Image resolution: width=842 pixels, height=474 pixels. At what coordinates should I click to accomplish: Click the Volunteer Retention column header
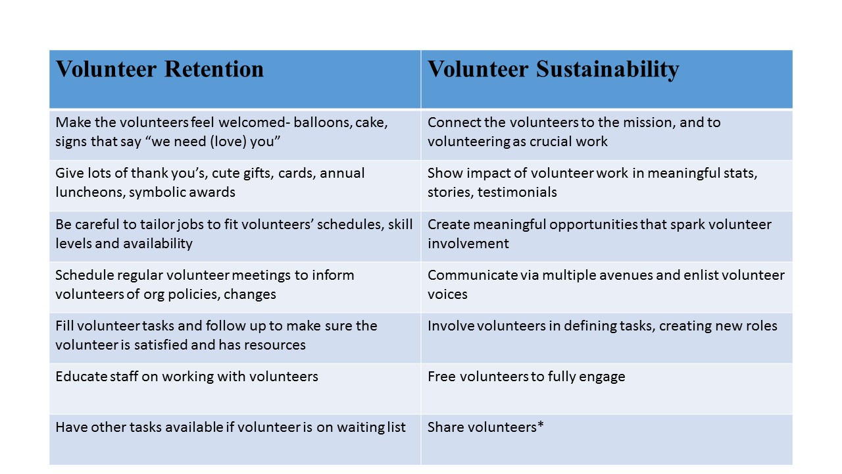160,69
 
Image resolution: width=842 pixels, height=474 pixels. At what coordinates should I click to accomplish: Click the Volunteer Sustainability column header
553,69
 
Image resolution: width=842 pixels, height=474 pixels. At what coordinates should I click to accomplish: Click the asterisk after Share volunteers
541,426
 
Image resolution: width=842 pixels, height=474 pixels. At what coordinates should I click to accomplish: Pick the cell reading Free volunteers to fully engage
526,377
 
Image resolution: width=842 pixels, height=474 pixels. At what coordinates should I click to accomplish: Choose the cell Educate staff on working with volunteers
187,377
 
